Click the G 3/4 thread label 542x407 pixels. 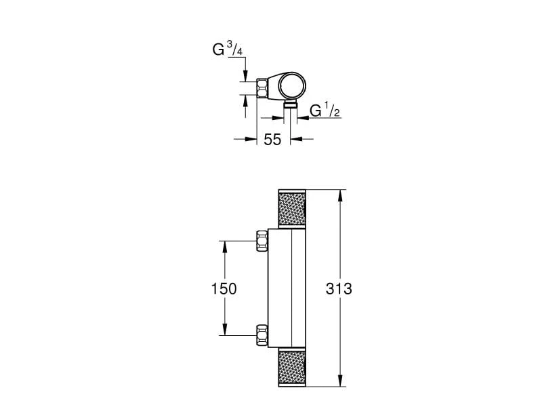pos(225,51)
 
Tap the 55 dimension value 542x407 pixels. pos(272,140)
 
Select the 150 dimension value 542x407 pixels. pos(223,288)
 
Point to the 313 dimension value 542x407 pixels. pos(339,288)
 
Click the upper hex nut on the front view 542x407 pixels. pos(262,241)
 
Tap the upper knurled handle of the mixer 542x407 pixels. pos(291,208)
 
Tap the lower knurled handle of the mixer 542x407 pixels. pos(291,369)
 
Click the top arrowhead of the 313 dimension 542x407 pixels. pos(338,193)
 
